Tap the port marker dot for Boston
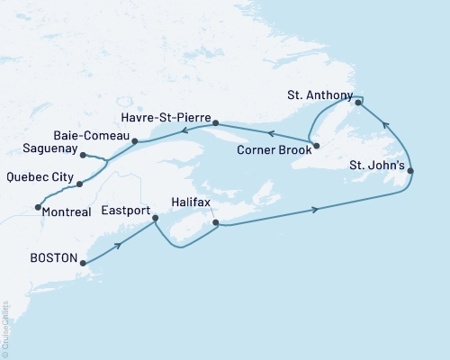[83, 264]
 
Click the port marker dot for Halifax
[214, 222]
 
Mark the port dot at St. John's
[410, 171]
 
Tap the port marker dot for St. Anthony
[358, 103]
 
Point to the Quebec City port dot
[80, 184]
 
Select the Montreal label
[67, 211]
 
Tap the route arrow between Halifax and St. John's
[315, 210]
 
